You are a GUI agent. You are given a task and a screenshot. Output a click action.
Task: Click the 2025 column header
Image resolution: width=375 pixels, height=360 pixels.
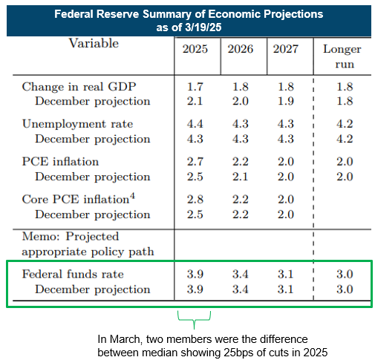pos(195,49)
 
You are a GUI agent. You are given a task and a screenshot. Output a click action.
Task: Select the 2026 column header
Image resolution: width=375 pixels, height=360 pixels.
pos(241,49)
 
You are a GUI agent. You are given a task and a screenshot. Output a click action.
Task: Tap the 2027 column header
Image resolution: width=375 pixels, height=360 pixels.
pos(286,49)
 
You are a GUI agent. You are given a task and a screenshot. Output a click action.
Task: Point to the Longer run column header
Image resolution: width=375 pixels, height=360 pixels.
pos(342,56)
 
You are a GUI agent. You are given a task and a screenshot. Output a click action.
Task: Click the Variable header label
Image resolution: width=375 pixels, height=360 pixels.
pos(94,43)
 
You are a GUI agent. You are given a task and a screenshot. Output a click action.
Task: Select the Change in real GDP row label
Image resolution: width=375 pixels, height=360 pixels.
pos(79,87)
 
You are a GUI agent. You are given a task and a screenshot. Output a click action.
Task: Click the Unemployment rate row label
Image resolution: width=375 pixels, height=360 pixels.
pos(77,124)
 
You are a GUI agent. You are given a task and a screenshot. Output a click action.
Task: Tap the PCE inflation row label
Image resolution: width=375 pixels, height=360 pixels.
pos(60,162)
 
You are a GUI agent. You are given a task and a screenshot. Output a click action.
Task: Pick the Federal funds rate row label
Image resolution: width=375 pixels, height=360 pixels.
pos(73,274)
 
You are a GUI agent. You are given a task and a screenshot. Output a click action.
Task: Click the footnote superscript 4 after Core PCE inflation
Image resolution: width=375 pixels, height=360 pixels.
pos(132,196)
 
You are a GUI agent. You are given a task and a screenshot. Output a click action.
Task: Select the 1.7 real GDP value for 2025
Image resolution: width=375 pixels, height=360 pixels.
pos(195,87)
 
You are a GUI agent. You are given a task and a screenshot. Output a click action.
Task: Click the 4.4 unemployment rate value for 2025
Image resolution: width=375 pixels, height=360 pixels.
pos(195,124)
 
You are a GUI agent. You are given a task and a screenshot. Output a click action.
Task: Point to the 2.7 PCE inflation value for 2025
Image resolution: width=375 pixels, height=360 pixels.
pos(195,162)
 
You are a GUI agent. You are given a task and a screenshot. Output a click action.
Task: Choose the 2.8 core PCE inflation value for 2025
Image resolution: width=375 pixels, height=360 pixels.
pos(195,199)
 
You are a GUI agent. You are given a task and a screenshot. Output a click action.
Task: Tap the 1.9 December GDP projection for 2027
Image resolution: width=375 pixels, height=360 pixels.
pos(286,101)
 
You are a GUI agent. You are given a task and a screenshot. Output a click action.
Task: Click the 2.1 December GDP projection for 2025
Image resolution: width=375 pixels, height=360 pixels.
pos(195,101)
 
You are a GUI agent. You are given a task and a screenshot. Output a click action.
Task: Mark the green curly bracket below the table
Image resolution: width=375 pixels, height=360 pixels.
pos(194,320)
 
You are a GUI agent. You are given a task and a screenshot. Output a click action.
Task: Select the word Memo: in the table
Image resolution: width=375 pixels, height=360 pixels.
pos(41,237)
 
